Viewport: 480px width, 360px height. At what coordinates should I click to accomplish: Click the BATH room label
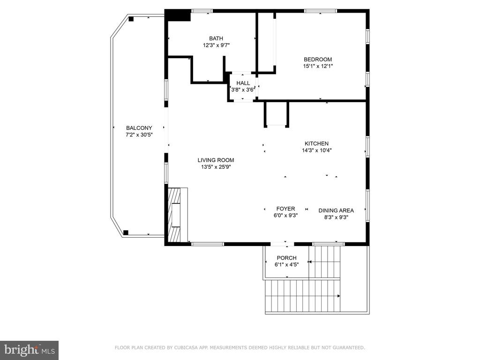216,38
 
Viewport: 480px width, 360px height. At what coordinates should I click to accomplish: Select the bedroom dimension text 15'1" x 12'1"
317,66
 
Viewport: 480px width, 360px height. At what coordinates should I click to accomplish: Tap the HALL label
243,83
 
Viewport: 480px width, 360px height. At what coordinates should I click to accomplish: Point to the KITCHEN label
317,143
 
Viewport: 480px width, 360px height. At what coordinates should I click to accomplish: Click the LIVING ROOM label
216,160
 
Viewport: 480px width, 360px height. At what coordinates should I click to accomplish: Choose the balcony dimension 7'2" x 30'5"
139,135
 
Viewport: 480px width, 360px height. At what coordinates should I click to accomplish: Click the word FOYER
285,209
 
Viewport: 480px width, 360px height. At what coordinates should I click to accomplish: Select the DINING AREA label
336,210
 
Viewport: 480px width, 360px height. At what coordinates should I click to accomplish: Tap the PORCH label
286,258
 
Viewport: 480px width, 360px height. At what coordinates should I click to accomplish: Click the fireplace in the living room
176,215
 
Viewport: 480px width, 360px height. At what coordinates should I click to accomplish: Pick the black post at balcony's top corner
132,19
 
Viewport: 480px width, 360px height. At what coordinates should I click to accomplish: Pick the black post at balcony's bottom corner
126,232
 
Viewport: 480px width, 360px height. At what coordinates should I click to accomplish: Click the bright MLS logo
29,350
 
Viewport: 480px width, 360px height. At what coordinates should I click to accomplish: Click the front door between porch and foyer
283,244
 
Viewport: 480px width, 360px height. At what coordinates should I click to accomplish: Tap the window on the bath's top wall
202,11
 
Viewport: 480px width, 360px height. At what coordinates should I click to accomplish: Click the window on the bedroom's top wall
320,11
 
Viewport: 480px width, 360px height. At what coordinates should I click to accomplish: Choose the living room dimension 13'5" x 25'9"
216,166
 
